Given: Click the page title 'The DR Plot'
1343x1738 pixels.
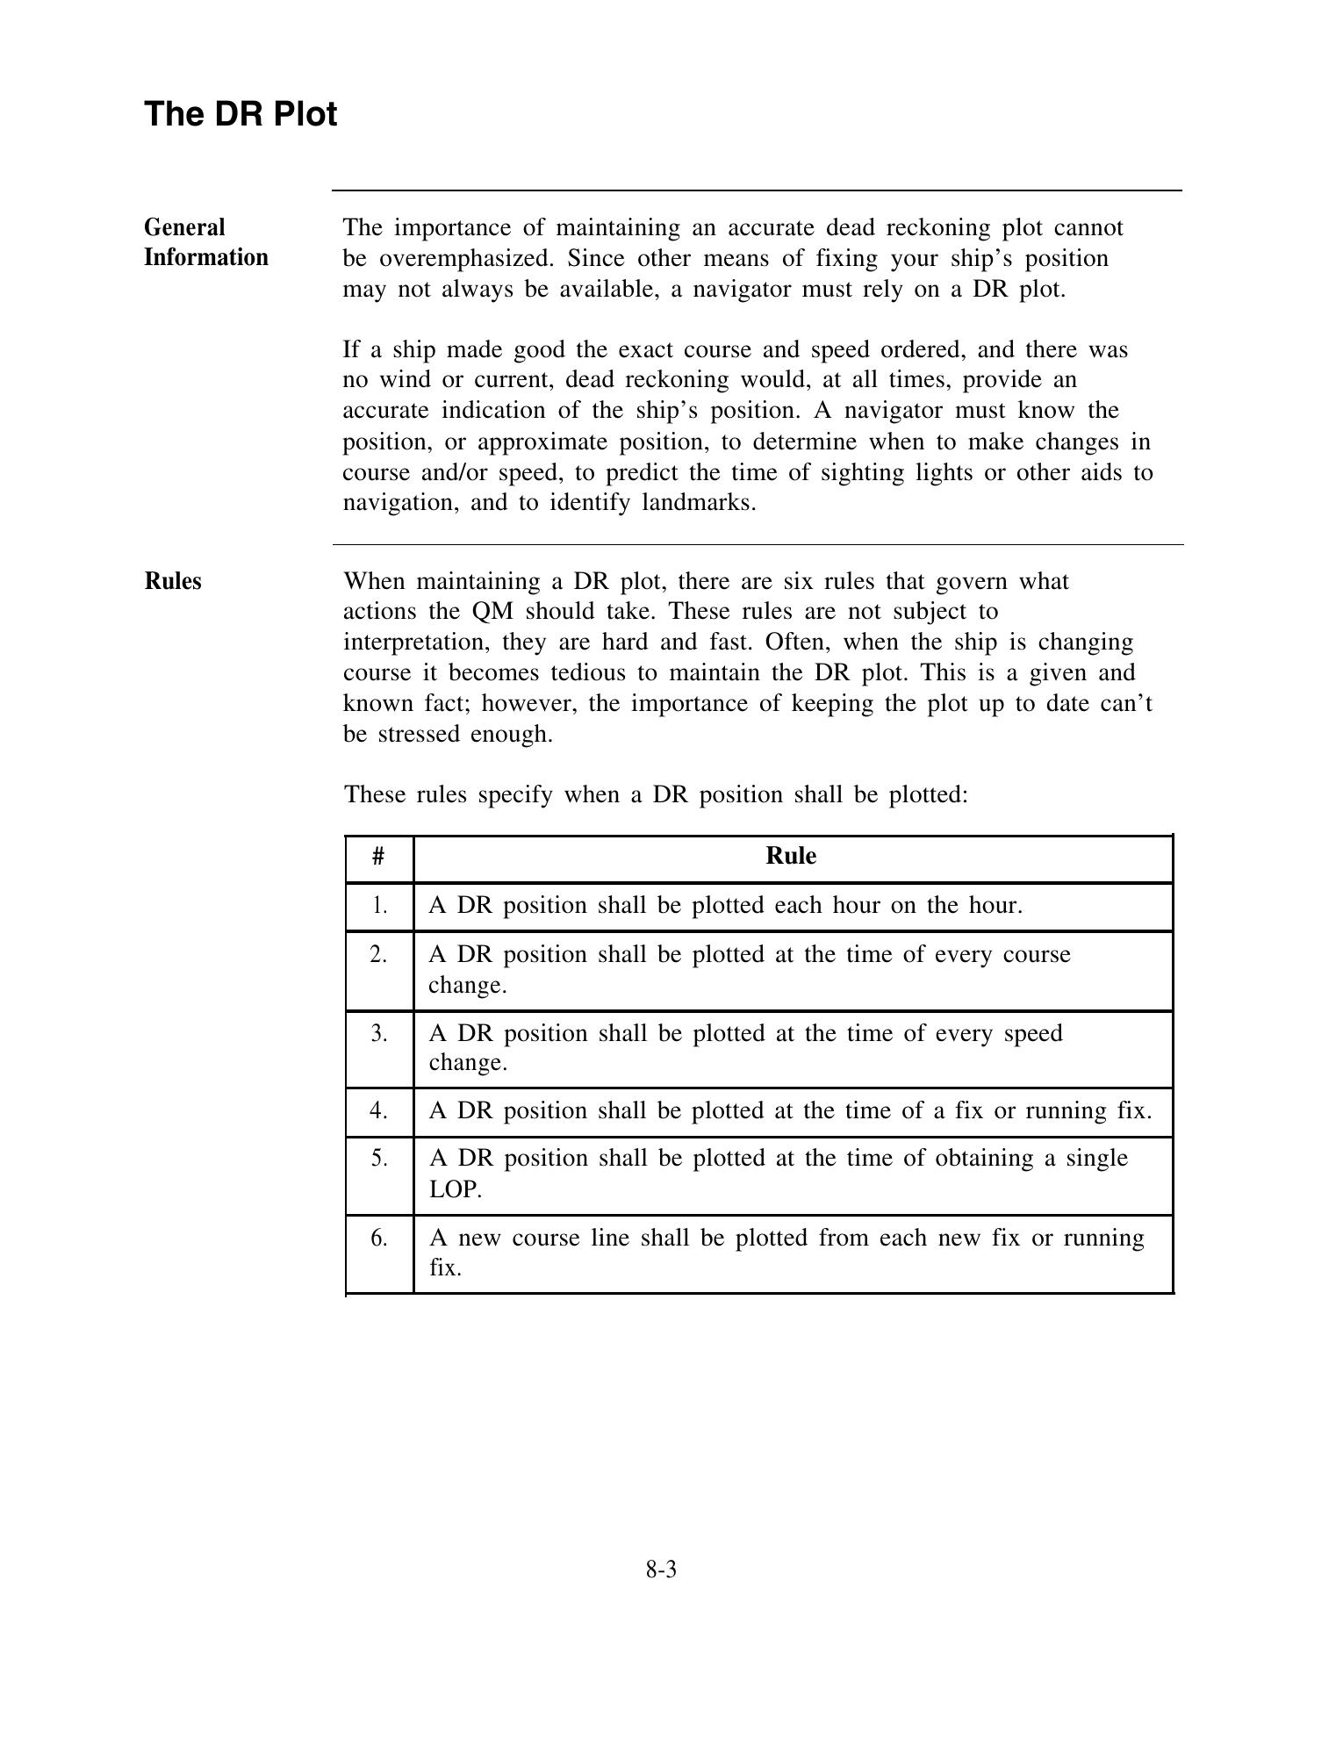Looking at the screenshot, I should tap(241, 114).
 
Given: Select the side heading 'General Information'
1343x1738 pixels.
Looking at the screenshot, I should tap(206, 242).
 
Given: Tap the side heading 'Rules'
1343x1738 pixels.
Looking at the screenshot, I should tap(173, 581).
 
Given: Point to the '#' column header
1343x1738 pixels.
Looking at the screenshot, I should tap(378, 857).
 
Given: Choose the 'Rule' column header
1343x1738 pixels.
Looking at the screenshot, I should tap(791, 856).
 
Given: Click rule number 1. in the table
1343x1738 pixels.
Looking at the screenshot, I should tap(378, 905).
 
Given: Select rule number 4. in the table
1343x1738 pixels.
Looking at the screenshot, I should tap(378, 1110).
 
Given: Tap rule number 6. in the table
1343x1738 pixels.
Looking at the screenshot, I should tap(378, 1238).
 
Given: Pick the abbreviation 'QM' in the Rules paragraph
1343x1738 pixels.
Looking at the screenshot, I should tap(492, 611).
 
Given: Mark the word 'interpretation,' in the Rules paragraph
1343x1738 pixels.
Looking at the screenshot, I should tap(417, 642).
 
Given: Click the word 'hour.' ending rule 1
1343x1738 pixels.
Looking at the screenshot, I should tap(996, 905).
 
